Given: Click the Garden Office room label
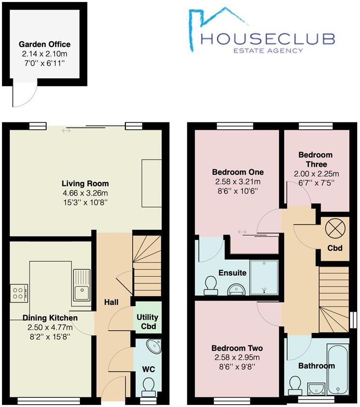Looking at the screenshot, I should tap(45, 44).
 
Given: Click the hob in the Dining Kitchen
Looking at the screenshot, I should tap(19, 292).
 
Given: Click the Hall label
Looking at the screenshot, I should tap(111, 302).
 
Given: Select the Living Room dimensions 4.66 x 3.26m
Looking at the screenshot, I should tap(85, 193).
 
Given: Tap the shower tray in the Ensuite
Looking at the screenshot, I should tap(264, 276).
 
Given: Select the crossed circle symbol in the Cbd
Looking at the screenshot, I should tap(335, 227).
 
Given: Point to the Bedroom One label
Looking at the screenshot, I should tap(238, 172).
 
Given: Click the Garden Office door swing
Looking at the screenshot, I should tap(22, 97).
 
